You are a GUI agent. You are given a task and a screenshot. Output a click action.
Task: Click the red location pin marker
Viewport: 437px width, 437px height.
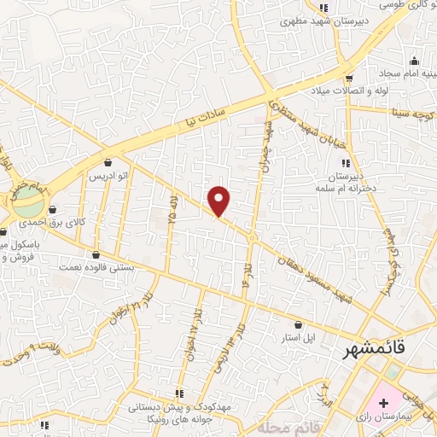[219, 201]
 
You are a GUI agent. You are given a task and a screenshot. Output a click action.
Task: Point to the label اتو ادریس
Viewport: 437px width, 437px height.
[109, 176]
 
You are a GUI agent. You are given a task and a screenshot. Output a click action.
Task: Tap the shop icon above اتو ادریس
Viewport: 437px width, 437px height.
[108, 162]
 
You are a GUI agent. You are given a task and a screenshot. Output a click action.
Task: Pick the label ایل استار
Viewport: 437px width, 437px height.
[299, 338]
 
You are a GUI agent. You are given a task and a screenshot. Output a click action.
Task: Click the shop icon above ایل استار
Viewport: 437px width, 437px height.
[298, 324]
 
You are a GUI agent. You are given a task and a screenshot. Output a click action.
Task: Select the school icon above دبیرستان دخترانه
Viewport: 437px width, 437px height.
[345, 163]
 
